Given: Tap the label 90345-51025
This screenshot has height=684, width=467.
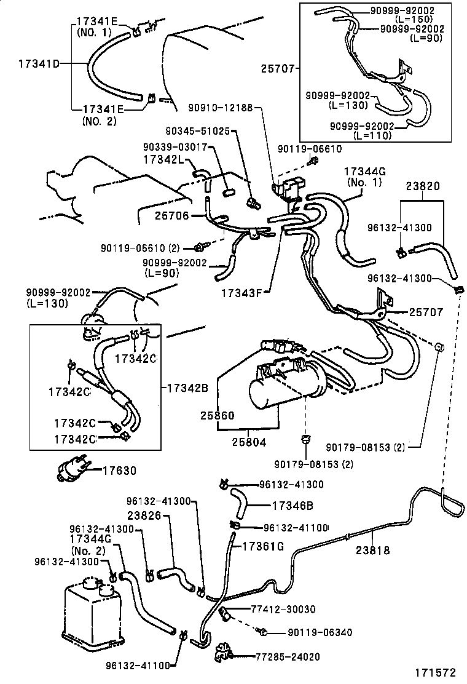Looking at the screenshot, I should [x=197, y=131].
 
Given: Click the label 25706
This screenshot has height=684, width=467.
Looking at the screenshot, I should [x=171, y=217].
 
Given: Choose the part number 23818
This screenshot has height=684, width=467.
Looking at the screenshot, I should [x=372, y=551].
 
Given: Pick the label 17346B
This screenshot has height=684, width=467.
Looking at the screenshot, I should [x=292, y=506].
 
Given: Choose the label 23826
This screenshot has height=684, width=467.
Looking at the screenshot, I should [x=146, y=517].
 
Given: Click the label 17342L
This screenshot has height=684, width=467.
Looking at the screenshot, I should [x=164, y=159].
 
